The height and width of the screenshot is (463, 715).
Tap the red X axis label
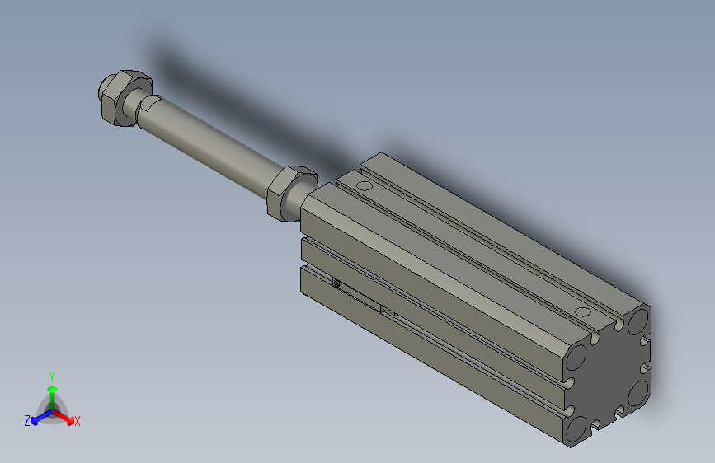(x=78, y=421)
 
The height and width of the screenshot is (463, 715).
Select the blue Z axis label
(x=27, y=420)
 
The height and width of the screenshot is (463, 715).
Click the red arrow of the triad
(x=66, y=415)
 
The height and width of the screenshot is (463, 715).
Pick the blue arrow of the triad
(x=38, y=415)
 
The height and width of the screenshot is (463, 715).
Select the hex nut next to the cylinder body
(x=289, y=191)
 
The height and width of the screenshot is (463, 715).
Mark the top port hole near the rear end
(x=584, y=311)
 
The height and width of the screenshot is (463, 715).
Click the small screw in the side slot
(x=336, y=284)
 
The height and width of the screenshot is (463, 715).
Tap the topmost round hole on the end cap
(x=637, y=320)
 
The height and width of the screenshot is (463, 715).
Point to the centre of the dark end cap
(x=606, y=375)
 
